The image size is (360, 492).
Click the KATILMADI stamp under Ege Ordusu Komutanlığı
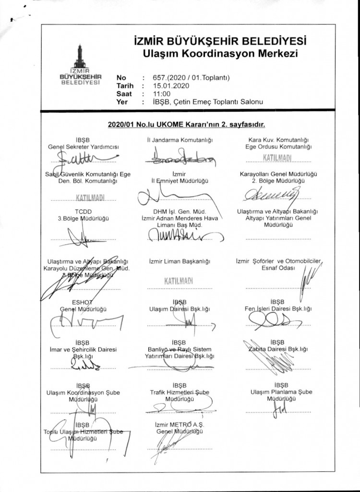(277, 159)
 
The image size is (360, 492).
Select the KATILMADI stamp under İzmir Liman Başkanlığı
(179, 281)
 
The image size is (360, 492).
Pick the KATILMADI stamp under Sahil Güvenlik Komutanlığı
(90, 197)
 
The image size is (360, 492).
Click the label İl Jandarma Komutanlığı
(180, 140)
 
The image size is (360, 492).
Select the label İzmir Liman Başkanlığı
(180, 261)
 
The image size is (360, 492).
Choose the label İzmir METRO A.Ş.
(180, 425)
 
